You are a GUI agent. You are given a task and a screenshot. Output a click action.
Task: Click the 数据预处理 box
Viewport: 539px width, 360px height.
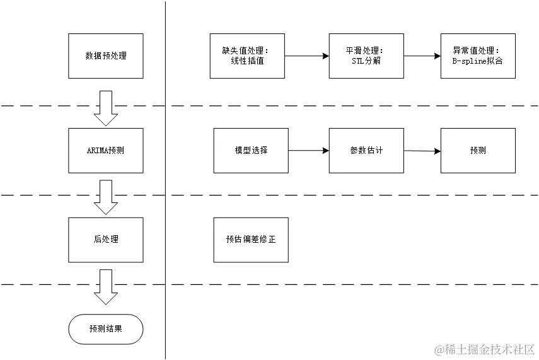pos(106,56)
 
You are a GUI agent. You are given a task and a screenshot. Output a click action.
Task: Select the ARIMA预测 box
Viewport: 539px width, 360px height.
pos(106,151)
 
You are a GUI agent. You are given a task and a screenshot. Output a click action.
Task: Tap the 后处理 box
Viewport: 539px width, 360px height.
pos(106,240)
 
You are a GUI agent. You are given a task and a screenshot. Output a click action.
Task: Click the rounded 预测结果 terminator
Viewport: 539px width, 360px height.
pos(106,329)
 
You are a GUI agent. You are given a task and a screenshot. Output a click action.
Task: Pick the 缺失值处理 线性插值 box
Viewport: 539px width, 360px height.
pos(247,56)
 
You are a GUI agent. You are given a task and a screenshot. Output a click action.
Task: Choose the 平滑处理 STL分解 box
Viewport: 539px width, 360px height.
pos(366,56)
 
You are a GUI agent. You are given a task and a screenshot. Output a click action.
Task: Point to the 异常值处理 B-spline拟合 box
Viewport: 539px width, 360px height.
pos(479,56)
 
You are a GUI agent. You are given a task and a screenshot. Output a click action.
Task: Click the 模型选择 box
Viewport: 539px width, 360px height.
pos(251,151)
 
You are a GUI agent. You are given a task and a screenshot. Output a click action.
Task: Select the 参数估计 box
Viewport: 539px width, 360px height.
pos(366,151)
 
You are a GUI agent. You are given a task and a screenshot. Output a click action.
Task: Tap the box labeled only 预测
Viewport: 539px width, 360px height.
pos(479,151)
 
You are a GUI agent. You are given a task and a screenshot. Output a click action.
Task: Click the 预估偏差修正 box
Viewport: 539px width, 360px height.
pos(251,240)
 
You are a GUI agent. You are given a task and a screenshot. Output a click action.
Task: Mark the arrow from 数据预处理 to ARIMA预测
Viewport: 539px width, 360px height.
pos(106,107)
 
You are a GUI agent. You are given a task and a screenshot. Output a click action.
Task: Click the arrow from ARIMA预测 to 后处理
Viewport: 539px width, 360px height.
pos(106,197)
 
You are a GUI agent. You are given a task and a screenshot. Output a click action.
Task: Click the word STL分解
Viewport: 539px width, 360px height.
pos(366,61)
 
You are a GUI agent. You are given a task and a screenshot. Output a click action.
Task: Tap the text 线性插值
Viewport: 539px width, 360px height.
pos(247,61)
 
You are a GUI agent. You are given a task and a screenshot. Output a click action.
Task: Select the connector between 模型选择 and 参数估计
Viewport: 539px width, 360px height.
pos(309,150)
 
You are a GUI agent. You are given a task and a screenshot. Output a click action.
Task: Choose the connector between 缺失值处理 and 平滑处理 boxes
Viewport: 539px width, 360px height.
pos(307,56)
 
